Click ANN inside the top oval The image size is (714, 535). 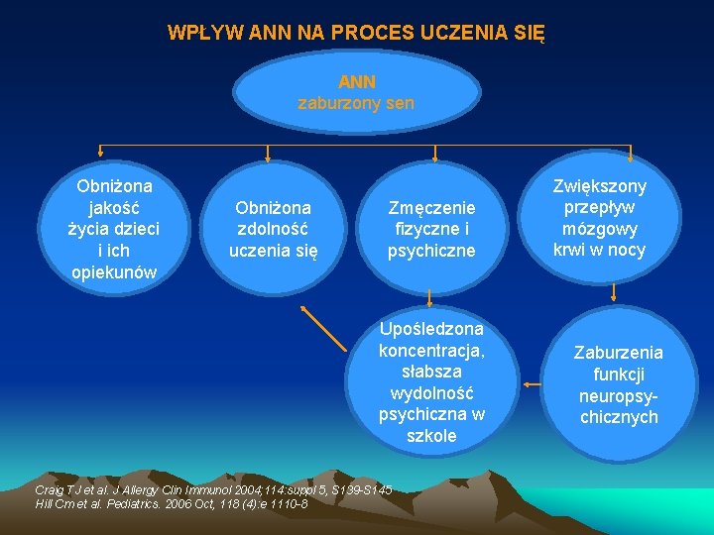tap(357, 82)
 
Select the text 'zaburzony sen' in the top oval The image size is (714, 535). tap(357, 103)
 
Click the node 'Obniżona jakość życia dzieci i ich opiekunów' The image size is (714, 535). tap(114, 229)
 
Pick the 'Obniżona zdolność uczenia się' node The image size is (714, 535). tap(274, 229)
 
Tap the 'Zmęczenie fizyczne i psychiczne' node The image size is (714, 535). tap(431, 229)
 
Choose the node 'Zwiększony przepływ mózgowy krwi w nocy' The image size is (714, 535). tap(599, 218)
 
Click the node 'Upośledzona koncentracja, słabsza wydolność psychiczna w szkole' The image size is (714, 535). tap(431, 381)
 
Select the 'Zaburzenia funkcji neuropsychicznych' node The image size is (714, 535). tap(619, 384)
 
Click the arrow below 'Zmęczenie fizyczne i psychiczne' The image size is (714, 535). tap(430, 294)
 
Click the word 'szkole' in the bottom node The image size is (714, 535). tap(431, 436)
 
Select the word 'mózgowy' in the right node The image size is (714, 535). tap(599, 229)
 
